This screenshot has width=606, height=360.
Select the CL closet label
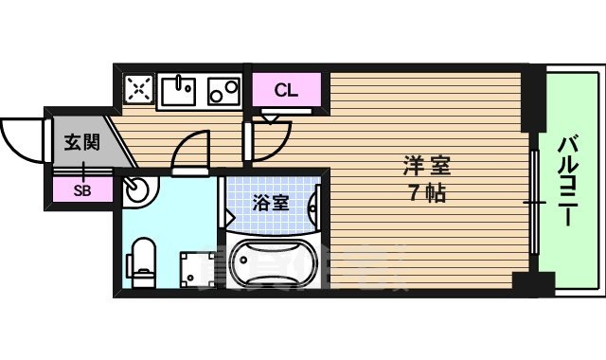click(x=286, y=91)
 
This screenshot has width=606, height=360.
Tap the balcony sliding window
click(x=536, y=201)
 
